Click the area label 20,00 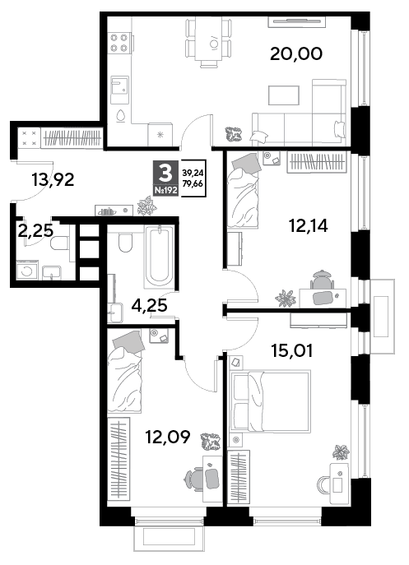(295, 54)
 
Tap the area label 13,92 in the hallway (53, 179)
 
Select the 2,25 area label (35, 230)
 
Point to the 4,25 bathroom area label (149, 306)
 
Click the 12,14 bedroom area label (309, 226)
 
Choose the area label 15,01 (292, 350)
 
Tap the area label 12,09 (167, 437)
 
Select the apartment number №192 (166, 191)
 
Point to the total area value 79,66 (193, 183)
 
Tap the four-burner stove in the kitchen (119, 43)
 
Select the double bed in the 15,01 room (270, 401)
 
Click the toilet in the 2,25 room (59, 243)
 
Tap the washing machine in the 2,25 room (26, 271)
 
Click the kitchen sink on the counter (119, 85)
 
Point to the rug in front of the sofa (283, 95)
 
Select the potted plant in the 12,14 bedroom (286, 298)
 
